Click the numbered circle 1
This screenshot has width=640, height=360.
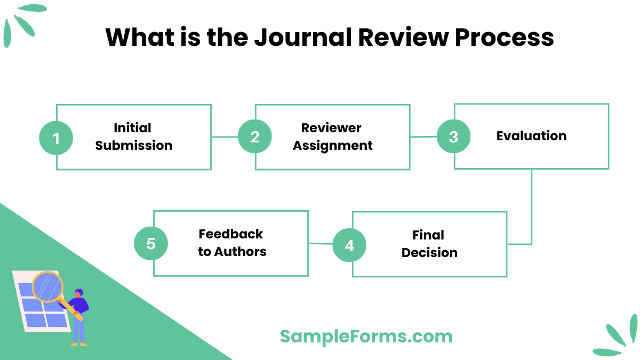pos(56,138)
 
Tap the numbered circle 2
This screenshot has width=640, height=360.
pos(255,137)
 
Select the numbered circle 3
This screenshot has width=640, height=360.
pos(453,137)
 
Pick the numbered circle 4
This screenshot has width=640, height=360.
pos(349,245)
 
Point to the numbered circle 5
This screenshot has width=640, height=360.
pos(151,244)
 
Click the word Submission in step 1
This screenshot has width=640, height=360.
pos(134,146)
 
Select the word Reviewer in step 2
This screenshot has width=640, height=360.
pos(331,128)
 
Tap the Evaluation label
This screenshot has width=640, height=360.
pos(531,136)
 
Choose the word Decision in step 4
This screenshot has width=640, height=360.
pos(429,253)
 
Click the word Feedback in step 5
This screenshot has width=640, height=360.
pos(231,234)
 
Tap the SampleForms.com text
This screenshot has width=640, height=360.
pos(366,337)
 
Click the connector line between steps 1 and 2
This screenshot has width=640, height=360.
pos(225,137)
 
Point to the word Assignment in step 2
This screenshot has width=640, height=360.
pos(333,146)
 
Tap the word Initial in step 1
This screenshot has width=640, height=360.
pos(132,128)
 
